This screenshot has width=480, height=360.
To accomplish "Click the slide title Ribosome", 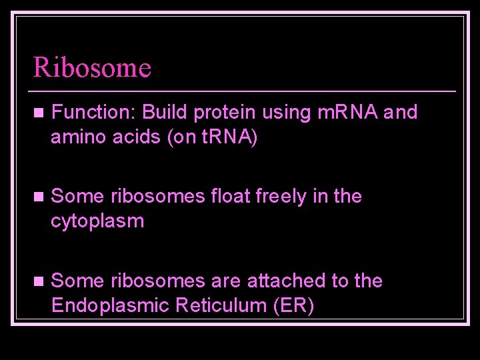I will tap(93, 67).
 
